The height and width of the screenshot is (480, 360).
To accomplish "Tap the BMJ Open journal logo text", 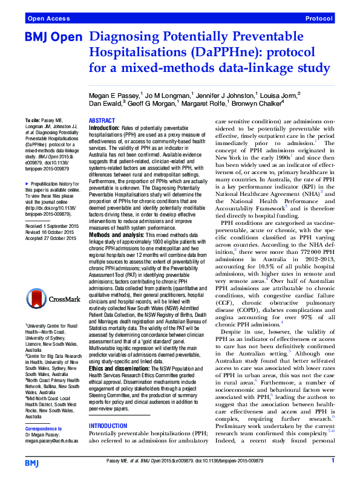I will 53,37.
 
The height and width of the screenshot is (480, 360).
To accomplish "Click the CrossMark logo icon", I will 51,299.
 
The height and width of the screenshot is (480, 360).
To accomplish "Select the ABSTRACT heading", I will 102,121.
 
